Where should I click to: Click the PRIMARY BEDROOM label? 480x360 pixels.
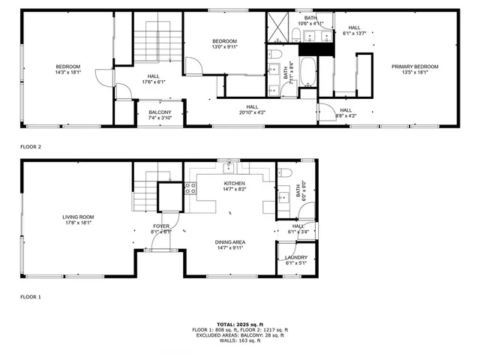pyautogui.click(x=415, y=67)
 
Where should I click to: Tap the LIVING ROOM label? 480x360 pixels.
pyautogui.click(x=78, y=217)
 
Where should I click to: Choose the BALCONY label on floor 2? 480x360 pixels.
pyautogui.click(x=160, y=112)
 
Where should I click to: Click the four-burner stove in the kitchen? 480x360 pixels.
pyautogui.click(x=190, y=188)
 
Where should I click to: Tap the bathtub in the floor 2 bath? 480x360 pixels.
pyautogui.click(x=307, y=75)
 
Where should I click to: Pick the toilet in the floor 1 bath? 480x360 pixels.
pyautogui.click(x=285, y=172)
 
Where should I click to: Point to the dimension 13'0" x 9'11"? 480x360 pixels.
pyautogui.click(x=224, y=47)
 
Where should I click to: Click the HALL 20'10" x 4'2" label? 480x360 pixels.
pyautogui.click(x=250, y=109)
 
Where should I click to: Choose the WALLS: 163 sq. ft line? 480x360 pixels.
pyautogui.click(x=239, y=341)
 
